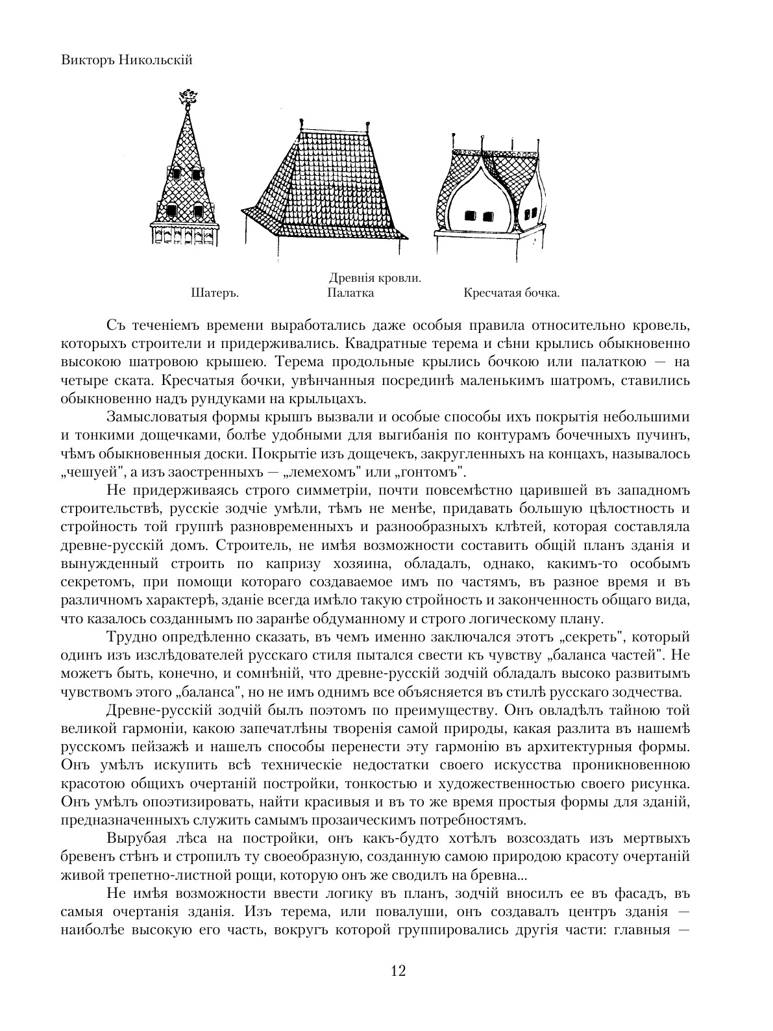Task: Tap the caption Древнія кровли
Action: [x=375, y=278]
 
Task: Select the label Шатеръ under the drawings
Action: [x=215, y=293]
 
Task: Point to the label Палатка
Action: [x=350, y=293]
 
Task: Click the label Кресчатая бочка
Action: [x=511, y=293]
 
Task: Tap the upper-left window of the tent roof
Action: [x=175, y=173]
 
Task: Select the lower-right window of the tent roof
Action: [x=199, y=210]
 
